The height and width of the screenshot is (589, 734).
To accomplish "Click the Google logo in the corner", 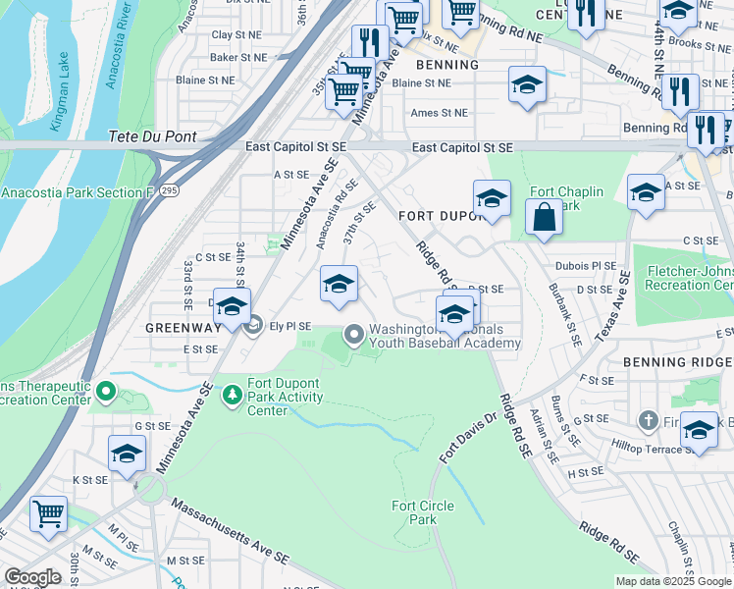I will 32,577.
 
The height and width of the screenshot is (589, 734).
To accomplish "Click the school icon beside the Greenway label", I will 232,307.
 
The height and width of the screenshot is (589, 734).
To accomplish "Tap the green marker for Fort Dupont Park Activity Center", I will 233,395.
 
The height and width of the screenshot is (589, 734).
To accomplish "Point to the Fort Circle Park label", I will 423,512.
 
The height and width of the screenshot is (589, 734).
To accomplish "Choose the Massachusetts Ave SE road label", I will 231,531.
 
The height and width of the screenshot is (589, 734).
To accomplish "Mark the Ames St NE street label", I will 439,113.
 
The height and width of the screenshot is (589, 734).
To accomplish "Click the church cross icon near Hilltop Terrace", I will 648,421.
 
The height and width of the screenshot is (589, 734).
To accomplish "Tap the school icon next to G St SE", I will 127,455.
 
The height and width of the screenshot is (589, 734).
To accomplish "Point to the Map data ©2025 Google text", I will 673,581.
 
